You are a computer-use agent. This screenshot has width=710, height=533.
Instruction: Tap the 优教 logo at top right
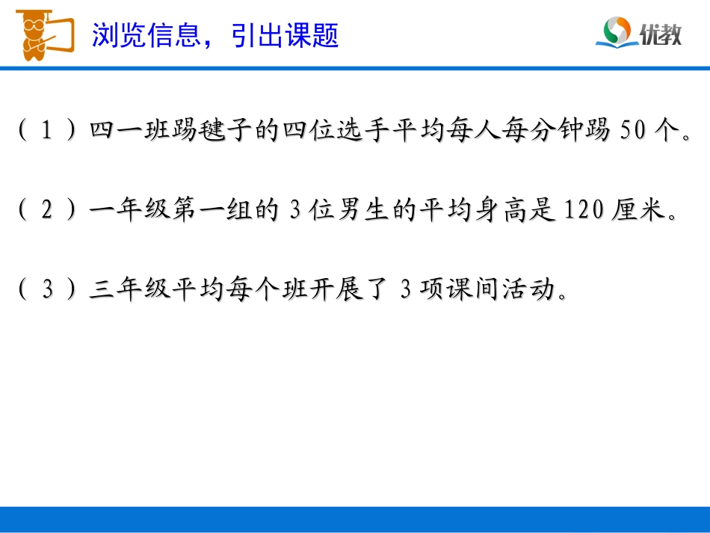640,34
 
